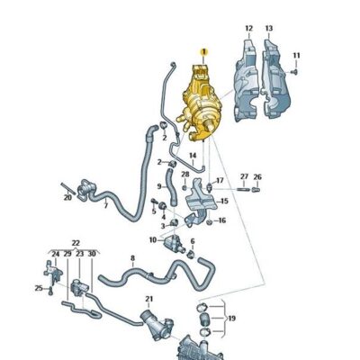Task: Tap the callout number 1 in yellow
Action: coord(204,51)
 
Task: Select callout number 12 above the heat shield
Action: coord(249,29)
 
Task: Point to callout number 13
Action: coord(268,29)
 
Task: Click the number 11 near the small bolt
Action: coord(296,57)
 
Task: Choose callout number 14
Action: coord(192,155)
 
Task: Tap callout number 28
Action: coord(184,175)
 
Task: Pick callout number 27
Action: coord(244,176)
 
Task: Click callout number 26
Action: coord(257,176)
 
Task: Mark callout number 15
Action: coord(224,202)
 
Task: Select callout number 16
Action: coord(221,220)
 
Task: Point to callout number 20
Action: coord(67,197)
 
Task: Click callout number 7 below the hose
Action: coord(105,206)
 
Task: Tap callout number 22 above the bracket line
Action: coord(76,243)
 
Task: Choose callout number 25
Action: coord(38,288)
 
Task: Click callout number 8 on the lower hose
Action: coord(132,258)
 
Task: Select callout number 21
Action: coord(149,299)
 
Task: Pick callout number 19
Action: coord(232,319)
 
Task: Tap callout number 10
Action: coord(152,239)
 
